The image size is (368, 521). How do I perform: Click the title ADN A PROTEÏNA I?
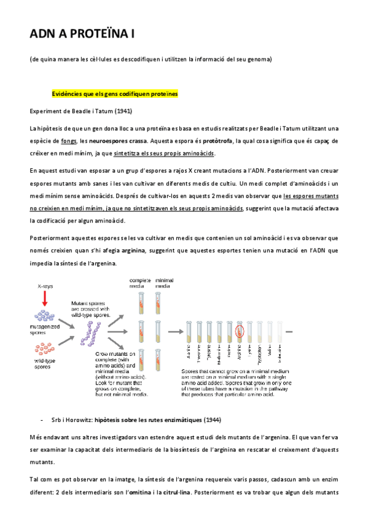(x=82, y=35)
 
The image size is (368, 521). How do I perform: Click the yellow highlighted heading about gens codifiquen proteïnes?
(x=115, y=94)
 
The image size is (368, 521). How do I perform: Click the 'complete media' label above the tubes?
(x=140, y=283)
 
